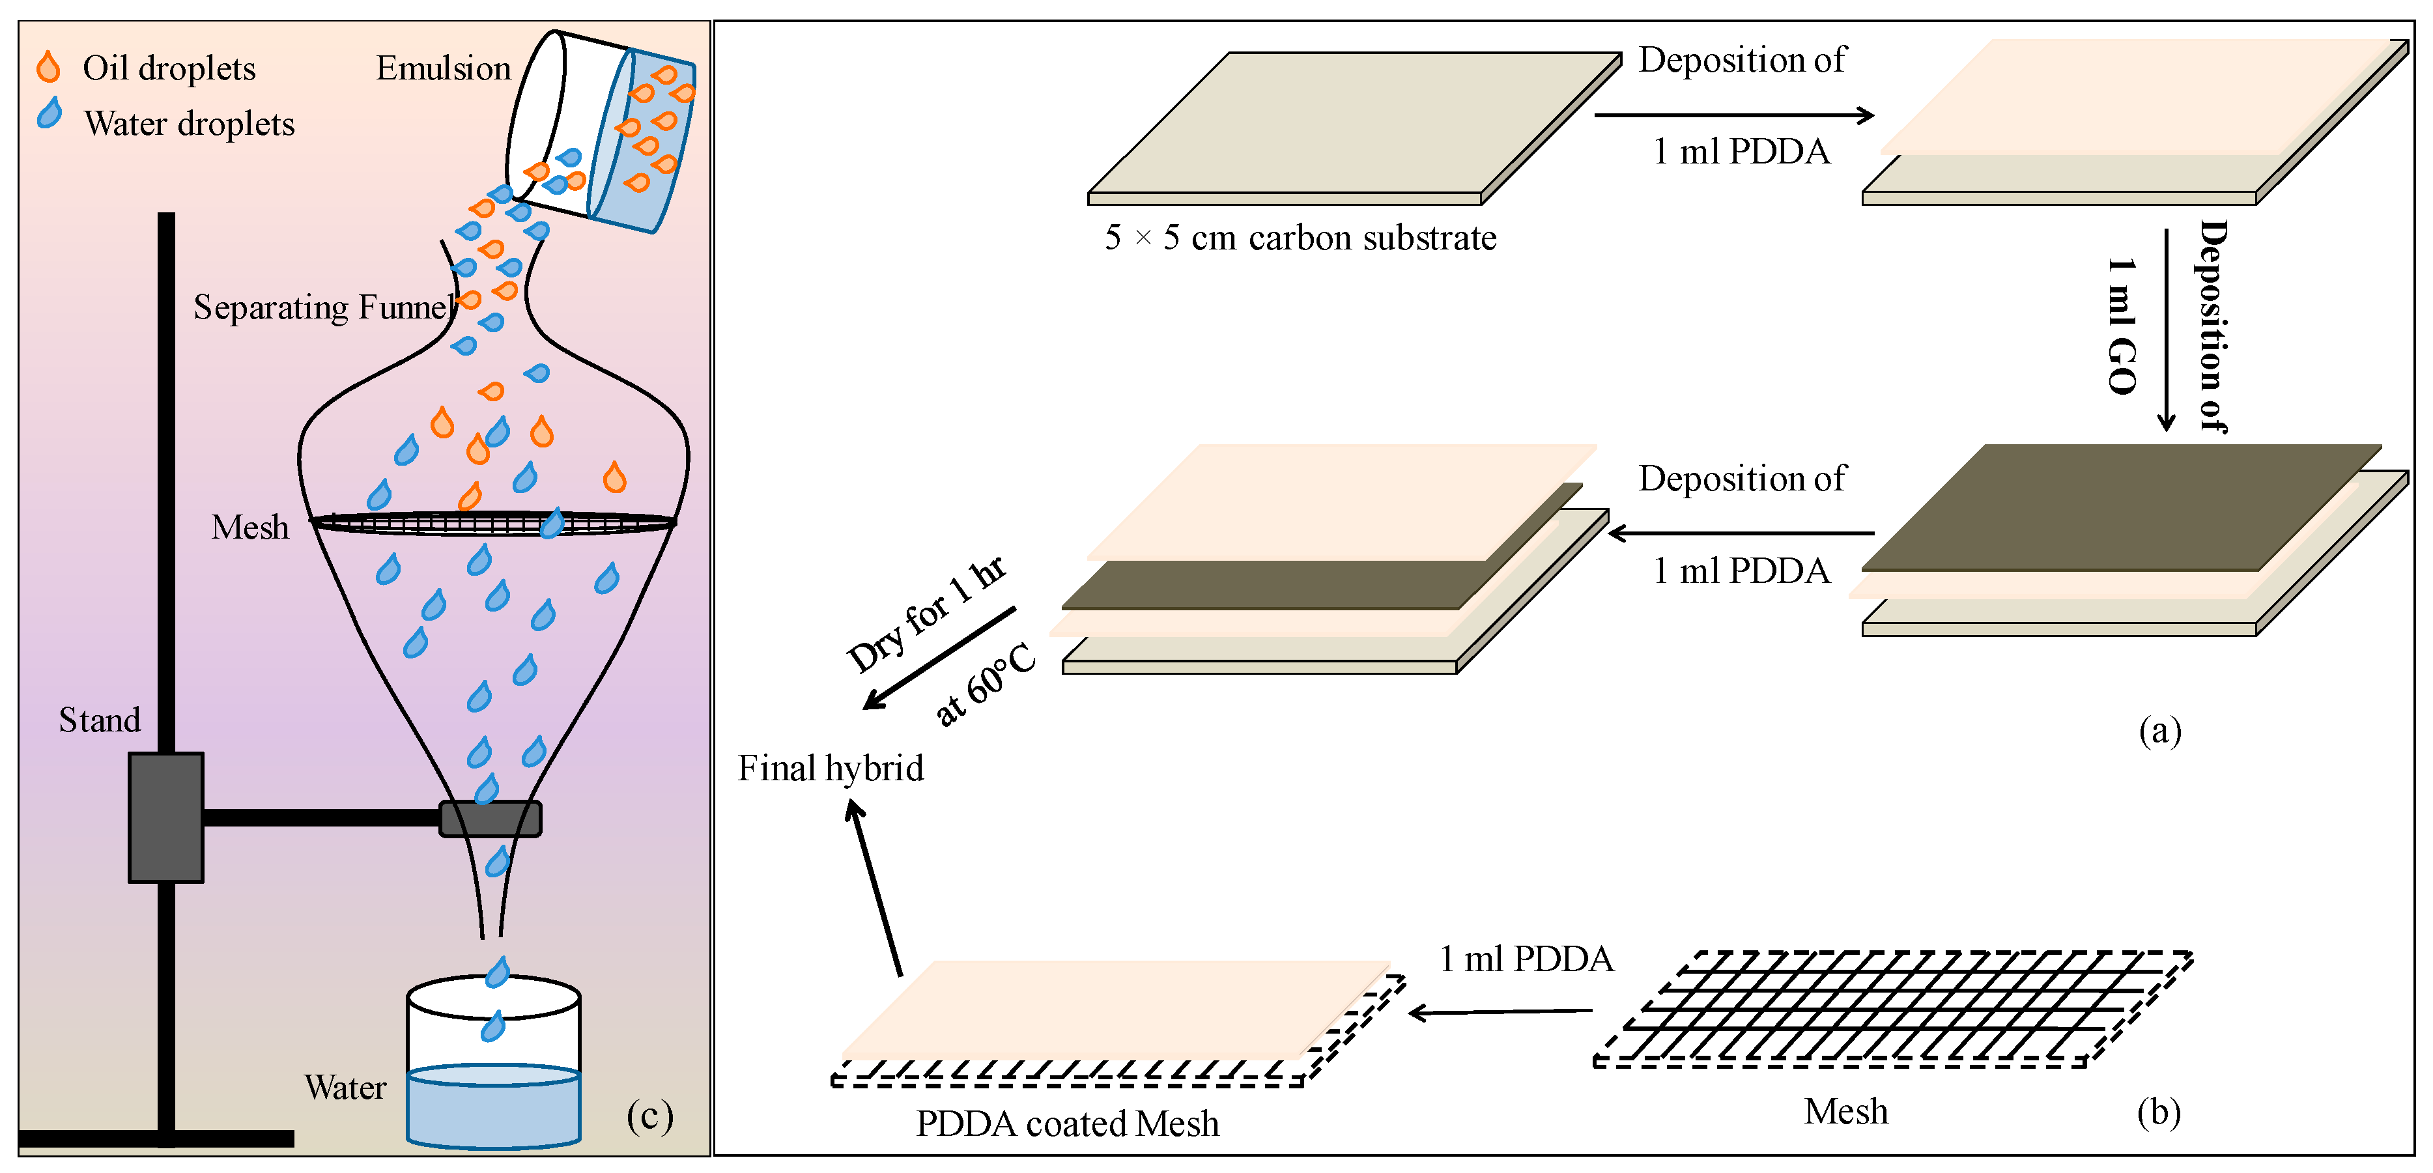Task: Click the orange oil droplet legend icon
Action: pyautogui.click(x=48, y=67)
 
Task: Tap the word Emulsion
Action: pyautogui.click(x=443, y=68)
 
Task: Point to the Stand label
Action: pyautogui.click(x=99, y=720)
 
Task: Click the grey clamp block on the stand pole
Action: pyautogui.click(x=165, y=817)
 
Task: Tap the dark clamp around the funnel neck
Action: pyautogui.click(x=491, y=818)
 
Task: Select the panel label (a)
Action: pyautogui.click(x=2159, y=730)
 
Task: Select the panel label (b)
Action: pyautogui.click(x=2158, y=1112)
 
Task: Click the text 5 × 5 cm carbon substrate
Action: pyautogui.click(x=1301, y=238)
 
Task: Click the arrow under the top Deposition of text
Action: pyautogui.click(x=1733, y=115)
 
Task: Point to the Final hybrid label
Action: pyautogui.click(x=830, y=768)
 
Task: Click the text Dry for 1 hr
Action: pyautogui.click(x=926, y=614)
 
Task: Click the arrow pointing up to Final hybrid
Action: pyautogui.click(x=877, y=888)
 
